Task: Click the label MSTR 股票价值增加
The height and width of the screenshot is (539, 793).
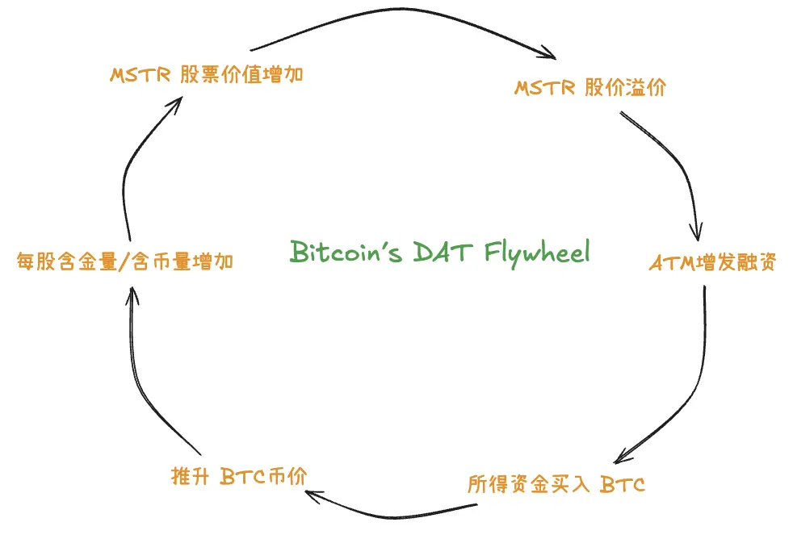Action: (x=207, y=75)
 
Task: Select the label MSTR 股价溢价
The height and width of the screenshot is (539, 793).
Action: (x=590, y=88)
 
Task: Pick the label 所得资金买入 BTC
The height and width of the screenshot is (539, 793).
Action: (x=556, y=484)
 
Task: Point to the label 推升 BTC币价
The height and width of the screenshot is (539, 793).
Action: (x=238, y=476)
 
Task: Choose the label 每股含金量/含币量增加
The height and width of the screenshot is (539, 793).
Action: (x=125, y=261)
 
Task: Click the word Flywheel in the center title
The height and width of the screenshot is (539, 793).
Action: (x=538, y=252)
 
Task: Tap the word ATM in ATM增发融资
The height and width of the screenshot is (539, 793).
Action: (x=668, y=263)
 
